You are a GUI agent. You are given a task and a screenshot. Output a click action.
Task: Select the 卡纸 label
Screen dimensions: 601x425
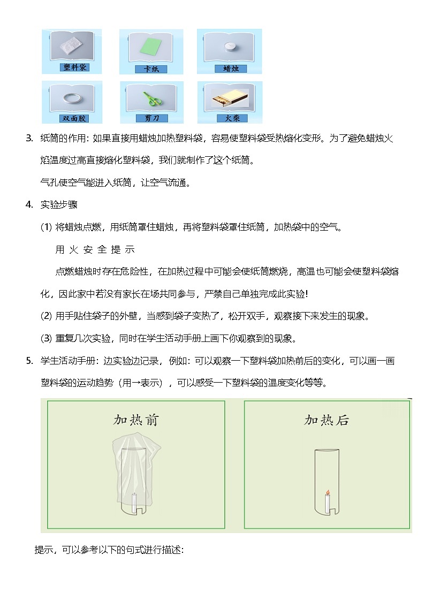click(x=151, y=69)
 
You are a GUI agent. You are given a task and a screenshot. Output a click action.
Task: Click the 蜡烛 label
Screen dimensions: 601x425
click(x=230, y=69)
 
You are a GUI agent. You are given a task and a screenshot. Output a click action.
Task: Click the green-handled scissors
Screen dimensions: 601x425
click(x=151, y=98)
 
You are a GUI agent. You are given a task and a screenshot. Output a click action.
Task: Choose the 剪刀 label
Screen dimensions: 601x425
click(x=151, y=118)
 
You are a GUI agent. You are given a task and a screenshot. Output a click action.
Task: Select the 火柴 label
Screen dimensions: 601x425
click(x=230, y=118)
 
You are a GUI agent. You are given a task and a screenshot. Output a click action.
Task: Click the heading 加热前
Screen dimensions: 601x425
click(x=136, y=420)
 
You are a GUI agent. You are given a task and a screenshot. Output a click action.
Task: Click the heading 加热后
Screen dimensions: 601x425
click(x=327, y=420)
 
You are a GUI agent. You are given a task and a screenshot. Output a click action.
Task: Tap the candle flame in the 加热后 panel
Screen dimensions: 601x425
click(x=327, y=491)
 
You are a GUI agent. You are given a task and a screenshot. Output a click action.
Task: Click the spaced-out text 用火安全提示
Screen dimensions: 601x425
click(x=95, y=249)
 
